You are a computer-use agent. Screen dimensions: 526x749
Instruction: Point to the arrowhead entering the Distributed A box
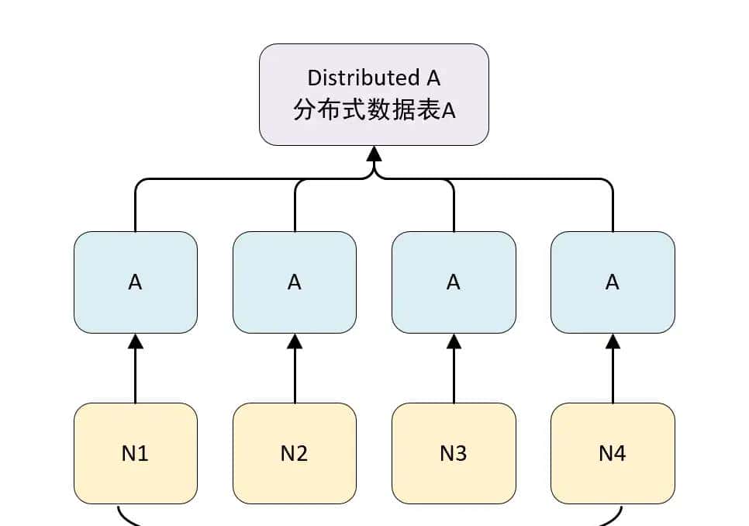(374, 154)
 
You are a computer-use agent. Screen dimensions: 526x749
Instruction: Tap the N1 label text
(135, 453)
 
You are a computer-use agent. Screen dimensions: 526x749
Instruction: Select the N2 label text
(294, 453)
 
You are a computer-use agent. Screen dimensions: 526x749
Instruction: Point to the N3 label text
(454, 453)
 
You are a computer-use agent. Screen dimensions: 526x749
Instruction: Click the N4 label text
(613, 453)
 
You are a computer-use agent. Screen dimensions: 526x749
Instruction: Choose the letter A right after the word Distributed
(433, 78)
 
